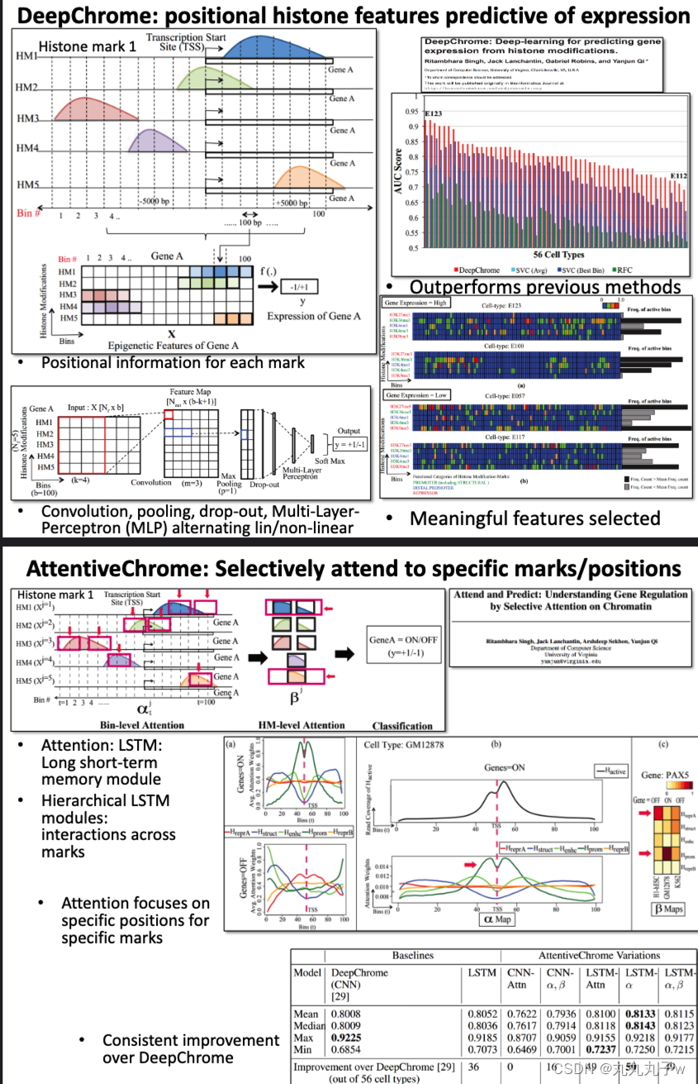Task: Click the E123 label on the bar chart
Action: [x=434, y=112]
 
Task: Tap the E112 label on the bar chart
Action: [x=678, y=176]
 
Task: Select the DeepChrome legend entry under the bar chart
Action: [x=477, y=270]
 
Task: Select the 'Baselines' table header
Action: [x=412, y=955]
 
